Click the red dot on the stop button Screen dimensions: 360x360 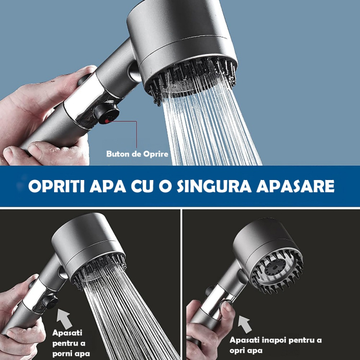tap(106, 118)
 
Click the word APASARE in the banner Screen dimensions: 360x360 tap(300, 186)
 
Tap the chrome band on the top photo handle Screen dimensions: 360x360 tap(82, 103)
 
